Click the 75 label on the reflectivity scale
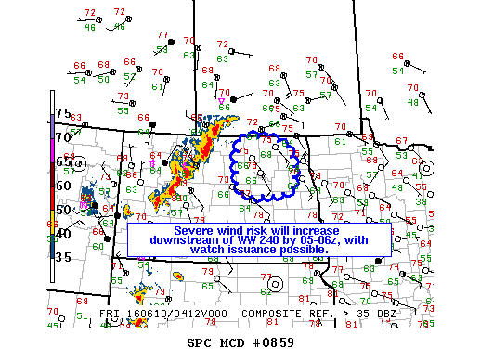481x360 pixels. click(x=63, y=113)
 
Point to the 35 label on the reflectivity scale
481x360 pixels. click(x=63, y=257)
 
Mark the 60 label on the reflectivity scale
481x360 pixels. click(x=63, y=185)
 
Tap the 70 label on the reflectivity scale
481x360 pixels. click(x=63, y=137)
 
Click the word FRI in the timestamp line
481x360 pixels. click(x=109, y=315)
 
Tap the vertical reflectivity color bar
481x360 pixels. click(x=52, y=186)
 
